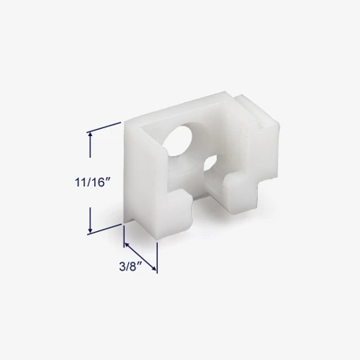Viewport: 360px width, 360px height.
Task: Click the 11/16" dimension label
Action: point(91,182)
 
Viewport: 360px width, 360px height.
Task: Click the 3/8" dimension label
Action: point(130,267)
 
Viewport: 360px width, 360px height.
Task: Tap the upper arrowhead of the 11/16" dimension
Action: point(90,134)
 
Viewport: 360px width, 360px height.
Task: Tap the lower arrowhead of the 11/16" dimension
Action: point(90,230)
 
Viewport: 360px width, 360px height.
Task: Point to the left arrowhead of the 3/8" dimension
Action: point(127,244)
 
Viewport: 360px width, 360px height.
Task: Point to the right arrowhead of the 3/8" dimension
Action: point(154,269)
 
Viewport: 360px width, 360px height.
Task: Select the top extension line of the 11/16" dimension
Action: point(104,127)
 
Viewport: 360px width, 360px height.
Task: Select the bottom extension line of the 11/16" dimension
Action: point(105,230)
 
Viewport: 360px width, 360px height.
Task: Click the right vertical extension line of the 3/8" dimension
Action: point(157,258)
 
